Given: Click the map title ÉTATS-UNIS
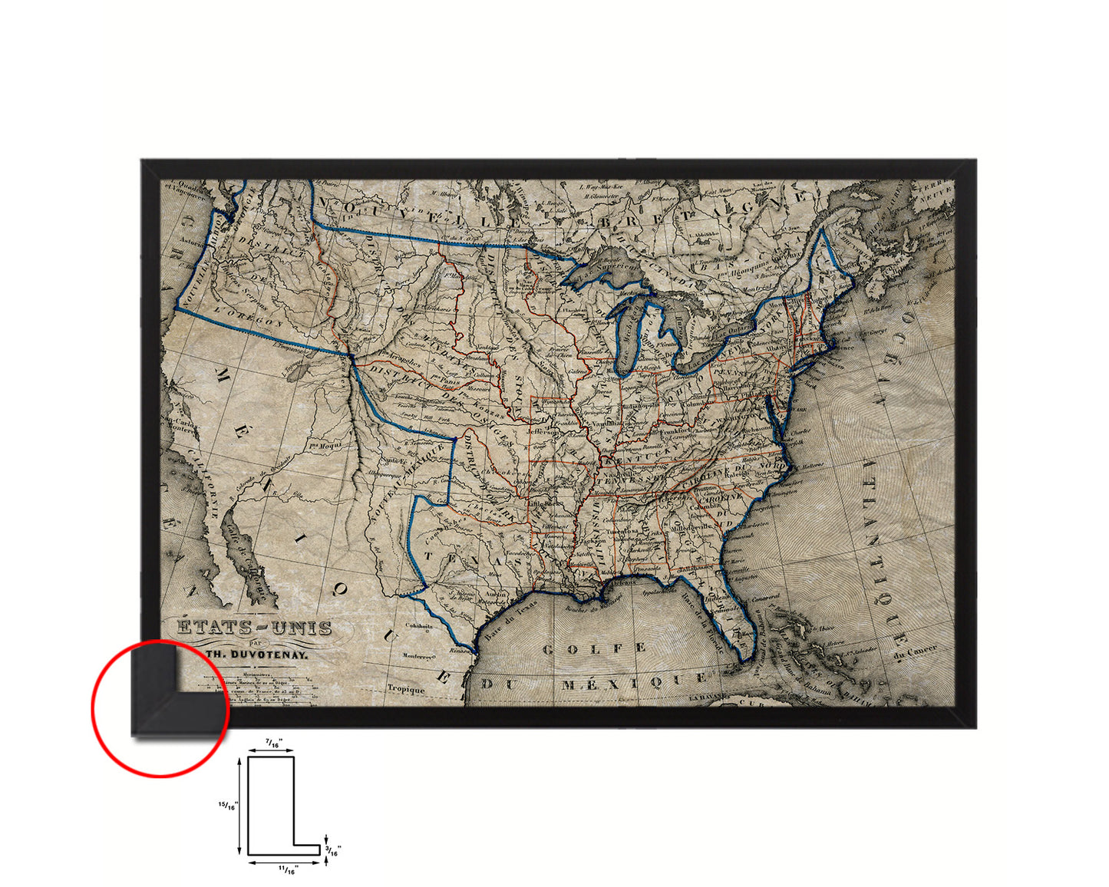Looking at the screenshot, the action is [x=255, y=628].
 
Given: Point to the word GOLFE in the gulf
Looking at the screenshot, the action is [x=594, y=649].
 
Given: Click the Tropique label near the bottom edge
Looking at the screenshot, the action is [x=406, y=689].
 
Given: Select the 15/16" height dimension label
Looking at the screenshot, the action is [x=228, y=805].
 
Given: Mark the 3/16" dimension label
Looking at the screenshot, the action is [x=334, y=849].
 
